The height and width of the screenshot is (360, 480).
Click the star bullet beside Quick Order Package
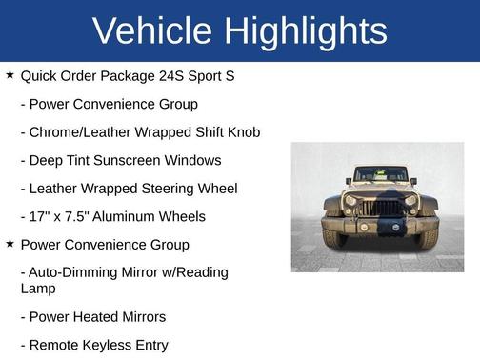(10, 74)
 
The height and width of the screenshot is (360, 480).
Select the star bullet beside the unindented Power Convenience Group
(10, 244)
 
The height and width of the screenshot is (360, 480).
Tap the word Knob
(241, 131)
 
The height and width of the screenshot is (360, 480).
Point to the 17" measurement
(42, 216)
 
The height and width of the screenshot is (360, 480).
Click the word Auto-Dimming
(75, 272)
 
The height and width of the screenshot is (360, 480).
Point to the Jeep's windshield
(380, 175)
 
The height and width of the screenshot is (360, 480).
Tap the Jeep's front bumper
(380, 225)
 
